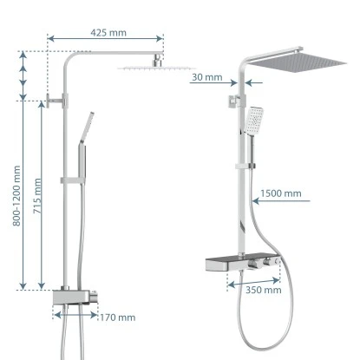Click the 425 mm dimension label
tap(108, 33)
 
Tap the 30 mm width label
tap(207, 77)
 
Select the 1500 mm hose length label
tap(281, 193)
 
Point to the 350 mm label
tap(264, 290)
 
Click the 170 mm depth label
tap(118, 317)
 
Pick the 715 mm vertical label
tap(37, 196)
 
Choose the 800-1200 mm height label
tap(16, 196)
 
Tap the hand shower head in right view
tap(253, 120)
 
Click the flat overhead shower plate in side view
tap(156, 69)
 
